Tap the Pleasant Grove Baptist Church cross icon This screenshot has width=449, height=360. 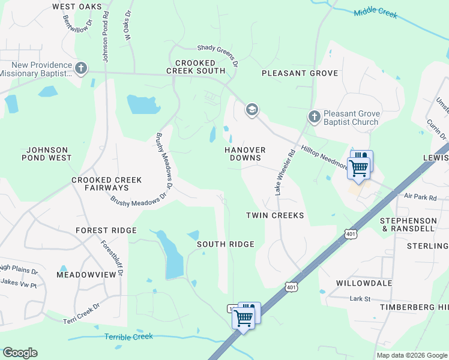(x=313, y=116)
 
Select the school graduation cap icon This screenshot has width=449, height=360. (x=252, y=110)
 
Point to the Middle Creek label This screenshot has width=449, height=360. (x=375, y=13)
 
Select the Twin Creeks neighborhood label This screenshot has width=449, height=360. (x=275, y=215)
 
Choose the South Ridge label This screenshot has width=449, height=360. (x=226, y=244)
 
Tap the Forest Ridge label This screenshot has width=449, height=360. (x=106, y=230)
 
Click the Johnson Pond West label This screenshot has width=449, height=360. (x=49, y=154)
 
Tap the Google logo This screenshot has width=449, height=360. (x=20, y=353)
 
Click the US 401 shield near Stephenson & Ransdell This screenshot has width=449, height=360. (x=351, y=233)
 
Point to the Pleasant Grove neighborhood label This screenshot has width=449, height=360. (x=300, y=73)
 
